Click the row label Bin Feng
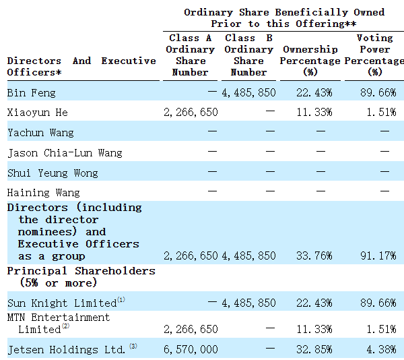tap(32, 92)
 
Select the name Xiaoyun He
tap(38, 113)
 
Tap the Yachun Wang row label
tap(40, 133)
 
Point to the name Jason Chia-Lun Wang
tap(65, 153)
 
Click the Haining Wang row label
tap(43, 193)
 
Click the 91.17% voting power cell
tap(374, 256)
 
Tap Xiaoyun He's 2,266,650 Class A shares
tap(191, 113)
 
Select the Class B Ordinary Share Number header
tap(248, 55)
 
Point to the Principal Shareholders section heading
tap(81, 276)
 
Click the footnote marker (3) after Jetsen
tap(133, 347)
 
